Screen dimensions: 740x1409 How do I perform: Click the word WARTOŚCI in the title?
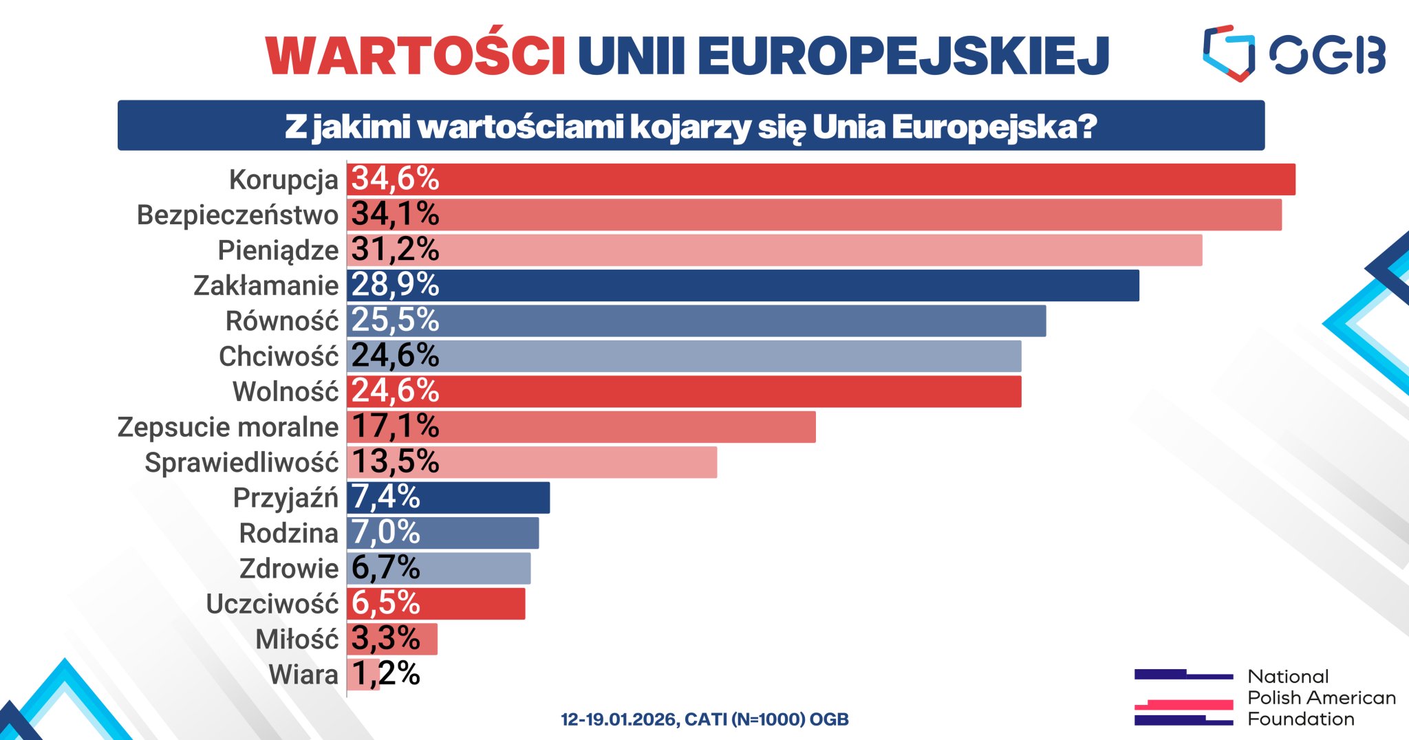click(x=416, y=55)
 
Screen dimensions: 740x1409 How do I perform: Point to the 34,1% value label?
click(x=395, y=215)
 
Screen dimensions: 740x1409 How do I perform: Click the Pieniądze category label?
click(x=278, y=250)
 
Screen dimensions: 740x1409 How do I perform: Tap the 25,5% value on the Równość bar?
click(x=395, y=320)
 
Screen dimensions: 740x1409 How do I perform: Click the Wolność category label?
click(x=286, y=392)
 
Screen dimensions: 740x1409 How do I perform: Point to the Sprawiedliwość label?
click(x=241, y=463)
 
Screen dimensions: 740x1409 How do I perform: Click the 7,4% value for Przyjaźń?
click(x=385, y=497)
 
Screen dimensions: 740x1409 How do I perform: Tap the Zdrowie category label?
click(x=289, y=569)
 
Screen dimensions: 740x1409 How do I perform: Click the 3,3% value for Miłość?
click(x=385, y=639)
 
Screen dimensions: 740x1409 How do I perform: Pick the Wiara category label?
click(x=303, y=675)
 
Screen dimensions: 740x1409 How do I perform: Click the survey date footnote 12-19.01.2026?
click(x=704, y=719)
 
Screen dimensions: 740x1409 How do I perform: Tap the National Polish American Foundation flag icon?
click(x=1183, y=697)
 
